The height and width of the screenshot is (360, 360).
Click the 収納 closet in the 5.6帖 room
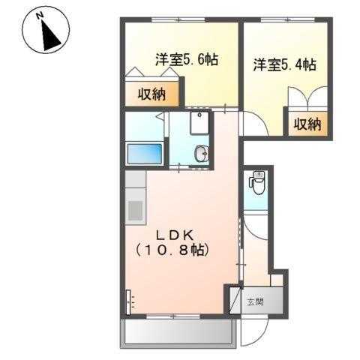[152, 94]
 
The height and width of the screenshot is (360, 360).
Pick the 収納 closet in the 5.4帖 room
[307, 124]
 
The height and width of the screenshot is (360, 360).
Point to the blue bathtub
[145, 154]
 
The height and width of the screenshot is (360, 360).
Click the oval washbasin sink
[200, 154]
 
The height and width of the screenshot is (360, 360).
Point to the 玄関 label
[255, 303]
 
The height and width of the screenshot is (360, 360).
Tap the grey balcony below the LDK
[179, 331]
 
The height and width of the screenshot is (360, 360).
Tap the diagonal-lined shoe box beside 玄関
[233, 300]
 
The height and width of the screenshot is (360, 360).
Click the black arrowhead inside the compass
[50, 34]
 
